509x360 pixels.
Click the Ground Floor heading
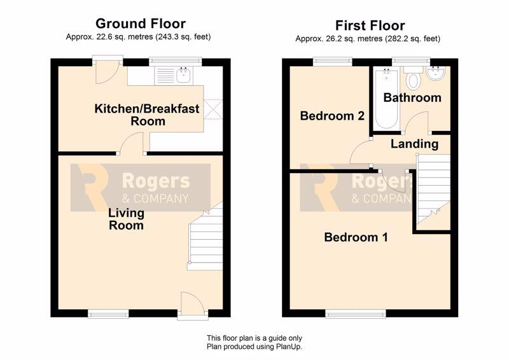141,24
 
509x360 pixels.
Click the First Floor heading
370,25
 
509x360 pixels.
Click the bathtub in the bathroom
386,99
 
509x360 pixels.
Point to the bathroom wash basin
435,74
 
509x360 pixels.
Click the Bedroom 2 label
332,116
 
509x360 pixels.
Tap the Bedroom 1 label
356,237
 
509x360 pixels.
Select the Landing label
414,144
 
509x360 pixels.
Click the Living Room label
126,219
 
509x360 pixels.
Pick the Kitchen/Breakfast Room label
147,114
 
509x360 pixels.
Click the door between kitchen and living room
132,144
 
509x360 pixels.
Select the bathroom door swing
417,123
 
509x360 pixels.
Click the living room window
108,314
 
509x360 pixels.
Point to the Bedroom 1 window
356,314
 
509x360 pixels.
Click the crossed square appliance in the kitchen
213,109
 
